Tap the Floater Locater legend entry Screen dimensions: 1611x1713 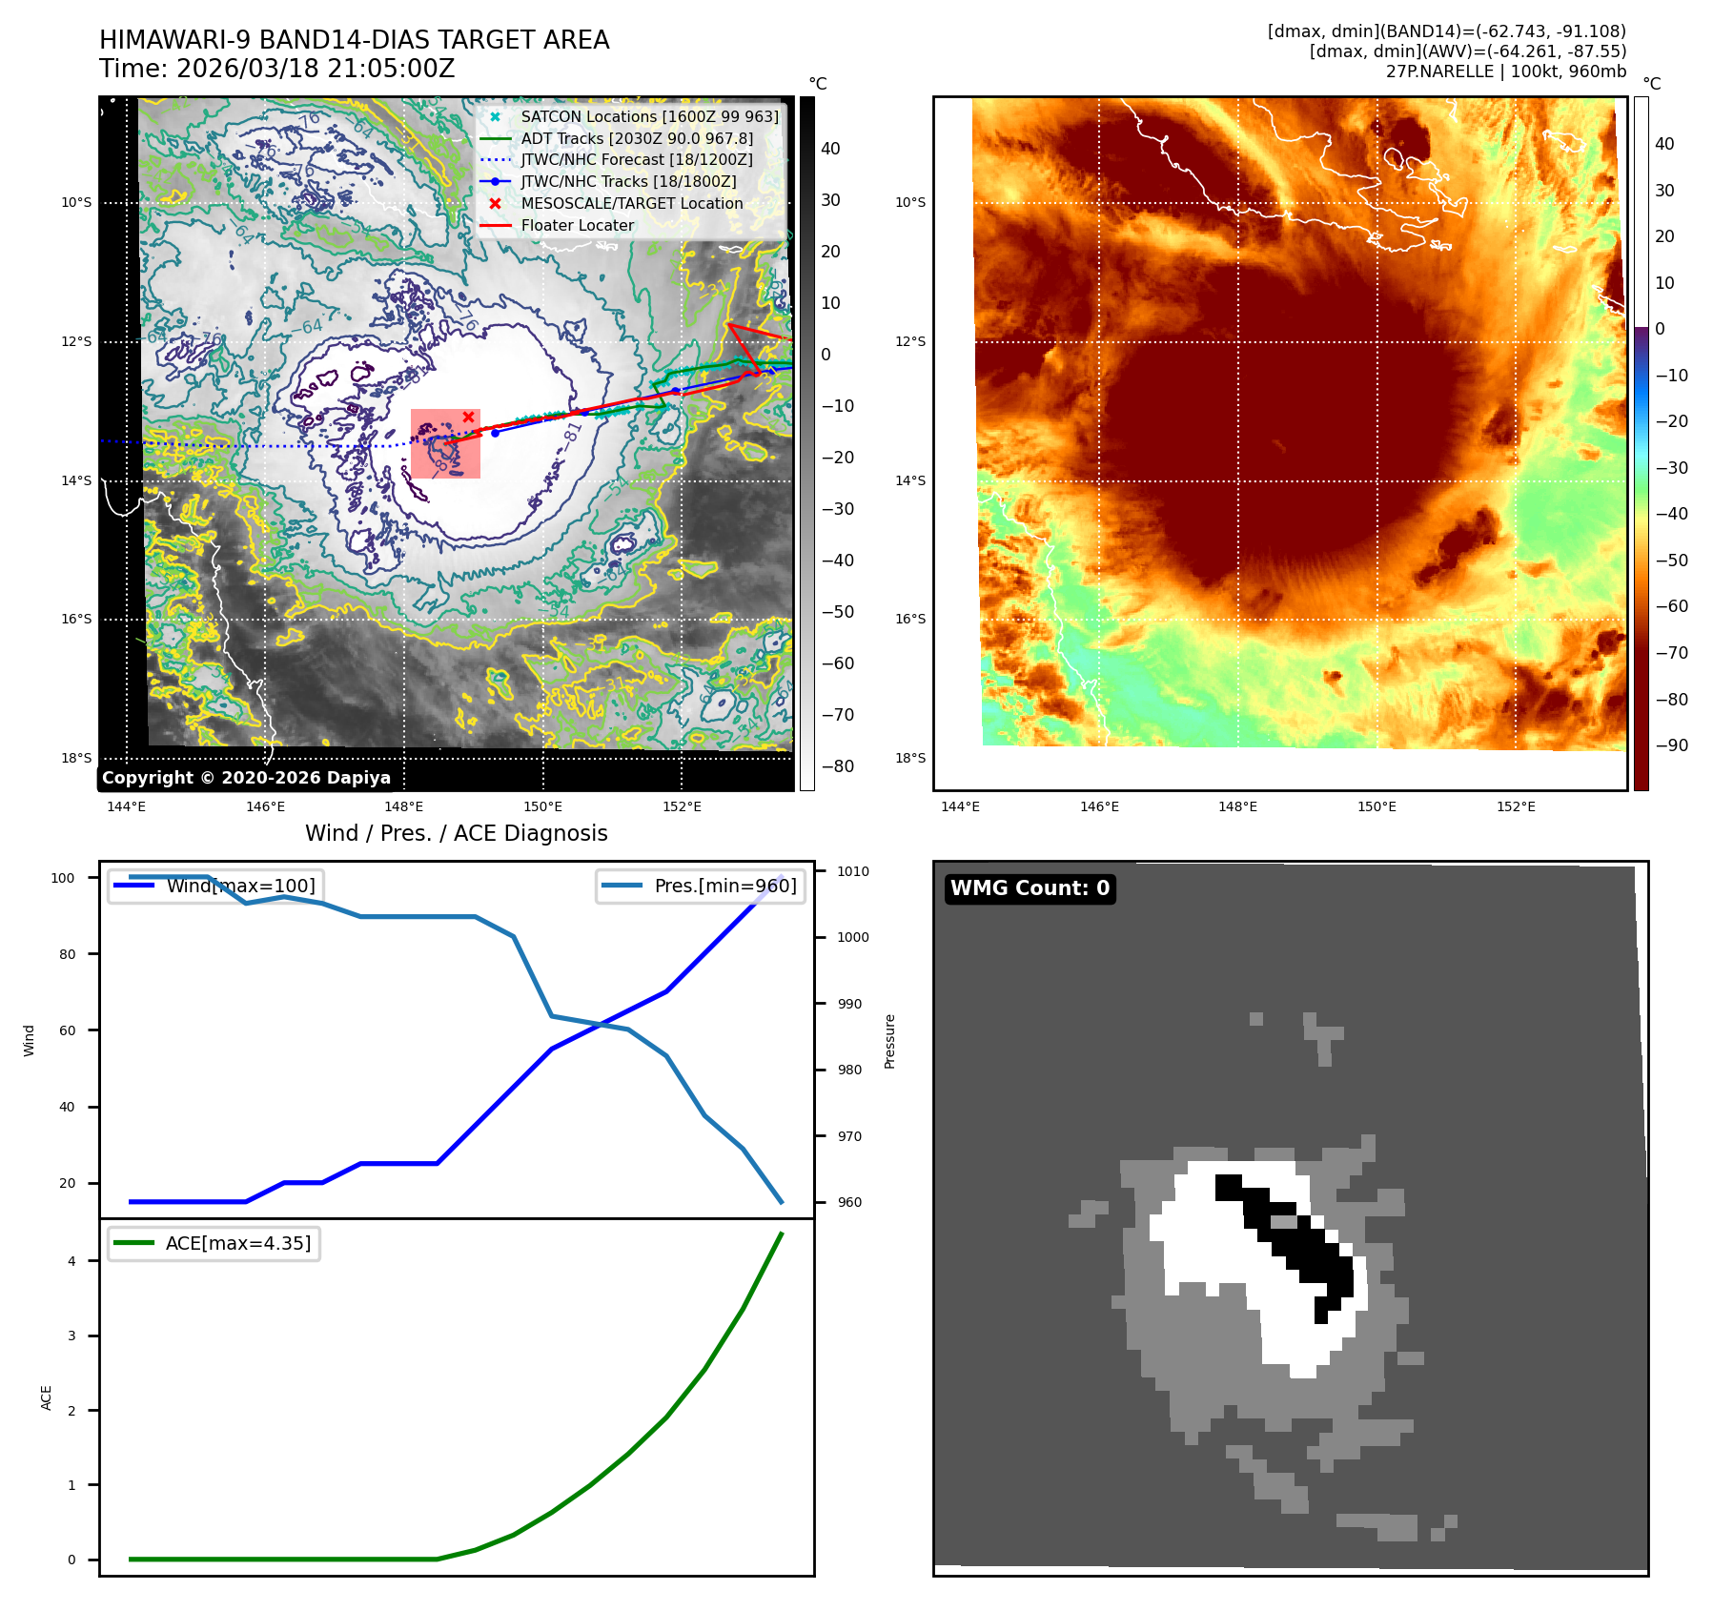point(577,225)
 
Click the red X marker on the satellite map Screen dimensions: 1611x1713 point(468,418)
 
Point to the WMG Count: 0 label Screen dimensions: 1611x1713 point(1030,888)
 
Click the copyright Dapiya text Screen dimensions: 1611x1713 point(246,778)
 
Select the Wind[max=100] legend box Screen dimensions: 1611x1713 point(215,886)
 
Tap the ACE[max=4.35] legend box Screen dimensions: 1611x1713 point(214,1243)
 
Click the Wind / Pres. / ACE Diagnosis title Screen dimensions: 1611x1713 point(456,833)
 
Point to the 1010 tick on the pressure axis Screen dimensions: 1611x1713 point(852,871)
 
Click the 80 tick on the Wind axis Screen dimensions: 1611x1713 point(67,954)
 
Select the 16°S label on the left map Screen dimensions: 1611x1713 point(77,619)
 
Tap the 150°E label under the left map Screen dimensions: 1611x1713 point(542,806)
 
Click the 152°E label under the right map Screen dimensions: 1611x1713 point(1516,806)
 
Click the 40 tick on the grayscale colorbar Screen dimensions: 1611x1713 point(830,149)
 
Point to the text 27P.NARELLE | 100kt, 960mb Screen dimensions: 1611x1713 point(1505,71)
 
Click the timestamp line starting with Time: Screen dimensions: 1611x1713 point(277,69)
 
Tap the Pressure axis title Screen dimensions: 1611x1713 point(889,1041)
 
